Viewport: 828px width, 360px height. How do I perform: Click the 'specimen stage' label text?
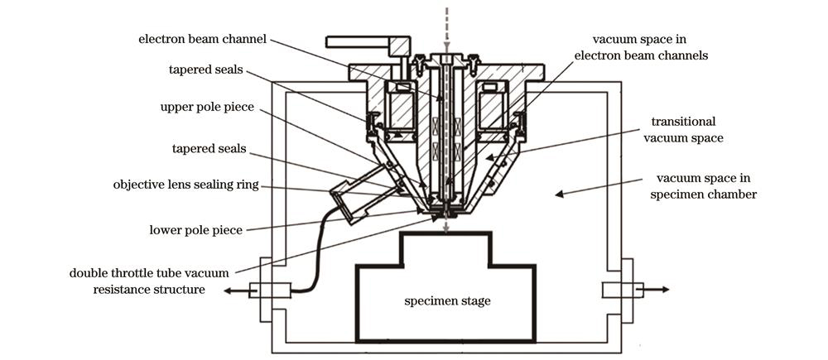447,301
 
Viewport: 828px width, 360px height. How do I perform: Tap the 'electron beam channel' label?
203,39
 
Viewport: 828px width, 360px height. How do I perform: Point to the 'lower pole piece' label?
196,230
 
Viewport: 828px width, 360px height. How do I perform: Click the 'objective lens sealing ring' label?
185,185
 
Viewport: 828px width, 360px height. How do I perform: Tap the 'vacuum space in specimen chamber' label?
703,186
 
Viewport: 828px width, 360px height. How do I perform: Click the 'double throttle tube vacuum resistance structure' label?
149,281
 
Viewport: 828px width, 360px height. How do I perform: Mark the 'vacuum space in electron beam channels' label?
650,47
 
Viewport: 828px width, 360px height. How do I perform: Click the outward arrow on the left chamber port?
237,290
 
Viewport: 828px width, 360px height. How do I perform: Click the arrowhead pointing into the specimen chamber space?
559,194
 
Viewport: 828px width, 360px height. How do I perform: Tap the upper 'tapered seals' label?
206,70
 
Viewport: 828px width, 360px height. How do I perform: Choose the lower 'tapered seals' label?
209,148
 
